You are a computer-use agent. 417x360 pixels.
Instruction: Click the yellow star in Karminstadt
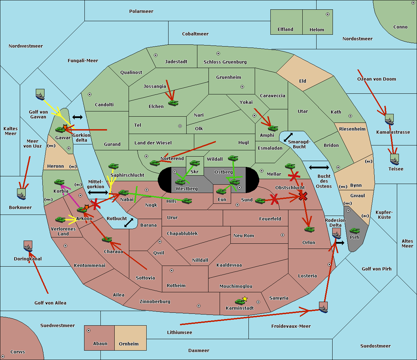245,299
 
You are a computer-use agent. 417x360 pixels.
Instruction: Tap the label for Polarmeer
141,11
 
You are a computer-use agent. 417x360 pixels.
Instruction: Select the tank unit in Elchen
173,103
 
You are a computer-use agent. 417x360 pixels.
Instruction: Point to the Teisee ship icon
394,160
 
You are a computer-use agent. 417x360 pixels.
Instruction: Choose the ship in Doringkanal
28,246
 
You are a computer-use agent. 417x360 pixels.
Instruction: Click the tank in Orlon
309,229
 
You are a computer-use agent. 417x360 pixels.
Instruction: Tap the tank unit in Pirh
354,231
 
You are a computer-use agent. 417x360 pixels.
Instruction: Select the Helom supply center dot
327,14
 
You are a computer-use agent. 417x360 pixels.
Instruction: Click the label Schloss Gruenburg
225,62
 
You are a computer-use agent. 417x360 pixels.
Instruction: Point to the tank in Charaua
107,240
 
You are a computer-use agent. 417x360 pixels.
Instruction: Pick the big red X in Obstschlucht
303,196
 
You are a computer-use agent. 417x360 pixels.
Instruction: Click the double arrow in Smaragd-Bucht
288,137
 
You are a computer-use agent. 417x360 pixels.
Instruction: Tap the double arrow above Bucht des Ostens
319,168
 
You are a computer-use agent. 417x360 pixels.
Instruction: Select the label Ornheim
129,344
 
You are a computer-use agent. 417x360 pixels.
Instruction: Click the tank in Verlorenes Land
60,220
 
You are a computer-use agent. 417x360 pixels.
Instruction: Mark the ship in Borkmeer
22,194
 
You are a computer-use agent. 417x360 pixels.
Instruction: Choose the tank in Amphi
273,128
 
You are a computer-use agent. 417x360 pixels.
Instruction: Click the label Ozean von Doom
376,79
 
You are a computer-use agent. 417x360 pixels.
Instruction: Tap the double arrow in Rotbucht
129,223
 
